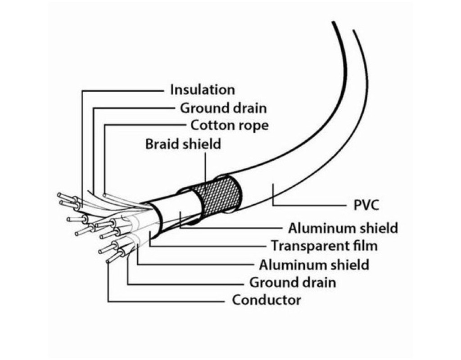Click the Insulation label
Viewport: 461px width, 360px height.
202,90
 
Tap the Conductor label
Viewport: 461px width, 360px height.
266,300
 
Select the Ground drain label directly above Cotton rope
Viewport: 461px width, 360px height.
223,108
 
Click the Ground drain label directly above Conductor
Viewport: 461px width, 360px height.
293,282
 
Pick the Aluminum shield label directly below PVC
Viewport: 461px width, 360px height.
343,228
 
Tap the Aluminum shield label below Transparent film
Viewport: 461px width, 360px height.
314,264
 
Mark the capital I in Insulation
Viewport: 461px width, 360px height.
172,90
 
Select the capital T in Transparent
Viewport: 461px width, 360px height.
274,246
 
